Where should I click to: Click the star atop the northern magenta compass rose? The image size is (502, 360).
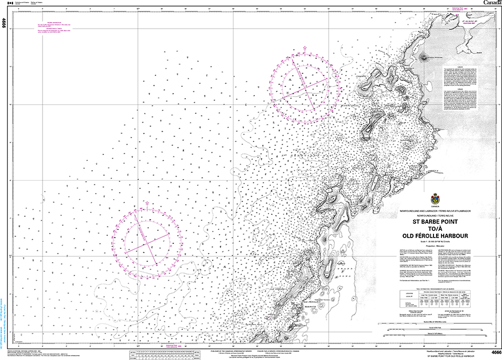(306, 49)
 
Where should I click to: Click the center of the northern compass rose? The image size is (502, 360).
(306, 86)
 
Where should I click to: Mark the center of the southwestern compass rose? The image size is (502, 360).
(147, 241)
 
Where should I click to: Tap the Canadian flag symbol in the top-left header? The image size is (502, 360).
(9, 3)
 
